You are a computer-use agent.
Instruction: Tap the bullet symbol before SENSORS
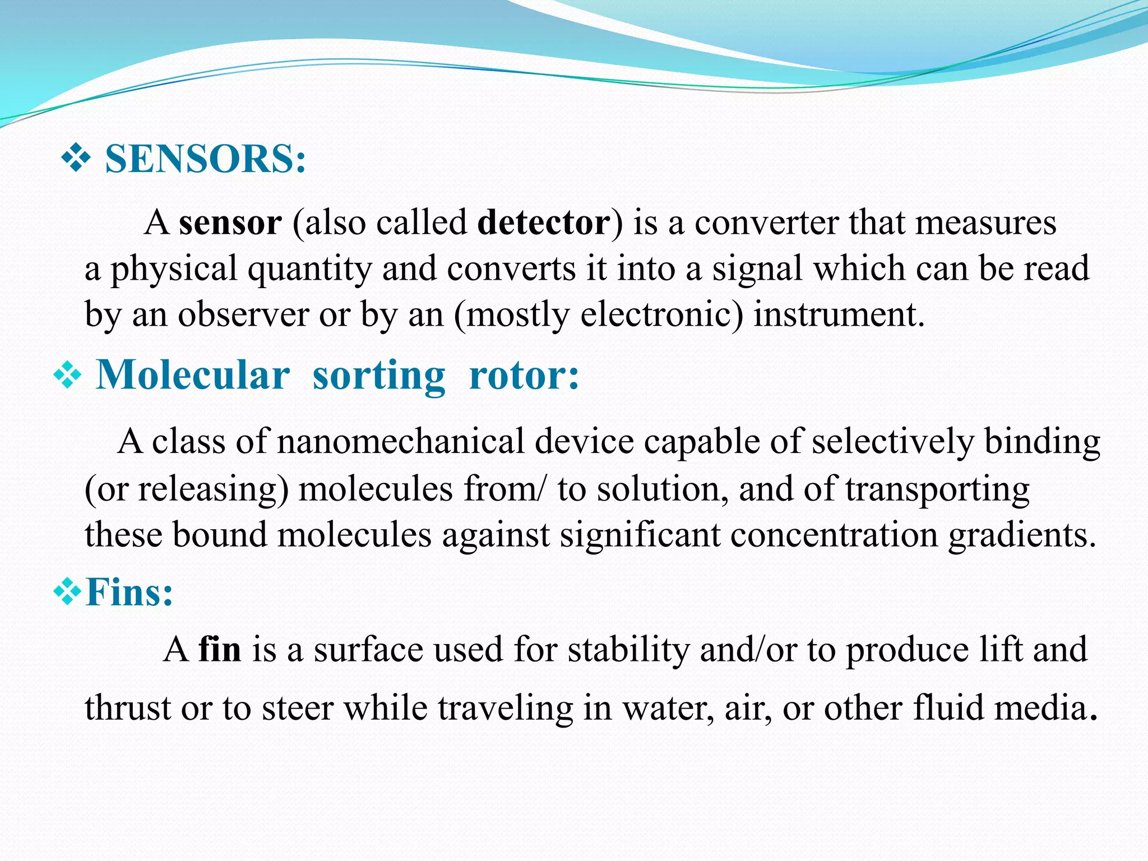76,159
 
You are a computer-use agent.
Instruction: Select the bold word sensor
230,223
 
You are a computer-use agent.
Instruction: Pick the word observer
243,315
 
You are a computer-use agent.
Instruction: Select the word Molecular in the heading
193,375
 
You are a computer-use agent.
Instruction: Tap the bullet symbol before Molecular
67,375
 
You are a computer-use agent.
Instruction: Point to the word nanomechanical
400,442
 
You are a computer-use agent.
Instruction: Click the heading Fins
129,592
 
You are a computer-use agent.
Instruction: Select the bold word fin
220,650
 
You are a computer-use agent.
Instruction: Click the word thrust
128,708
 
